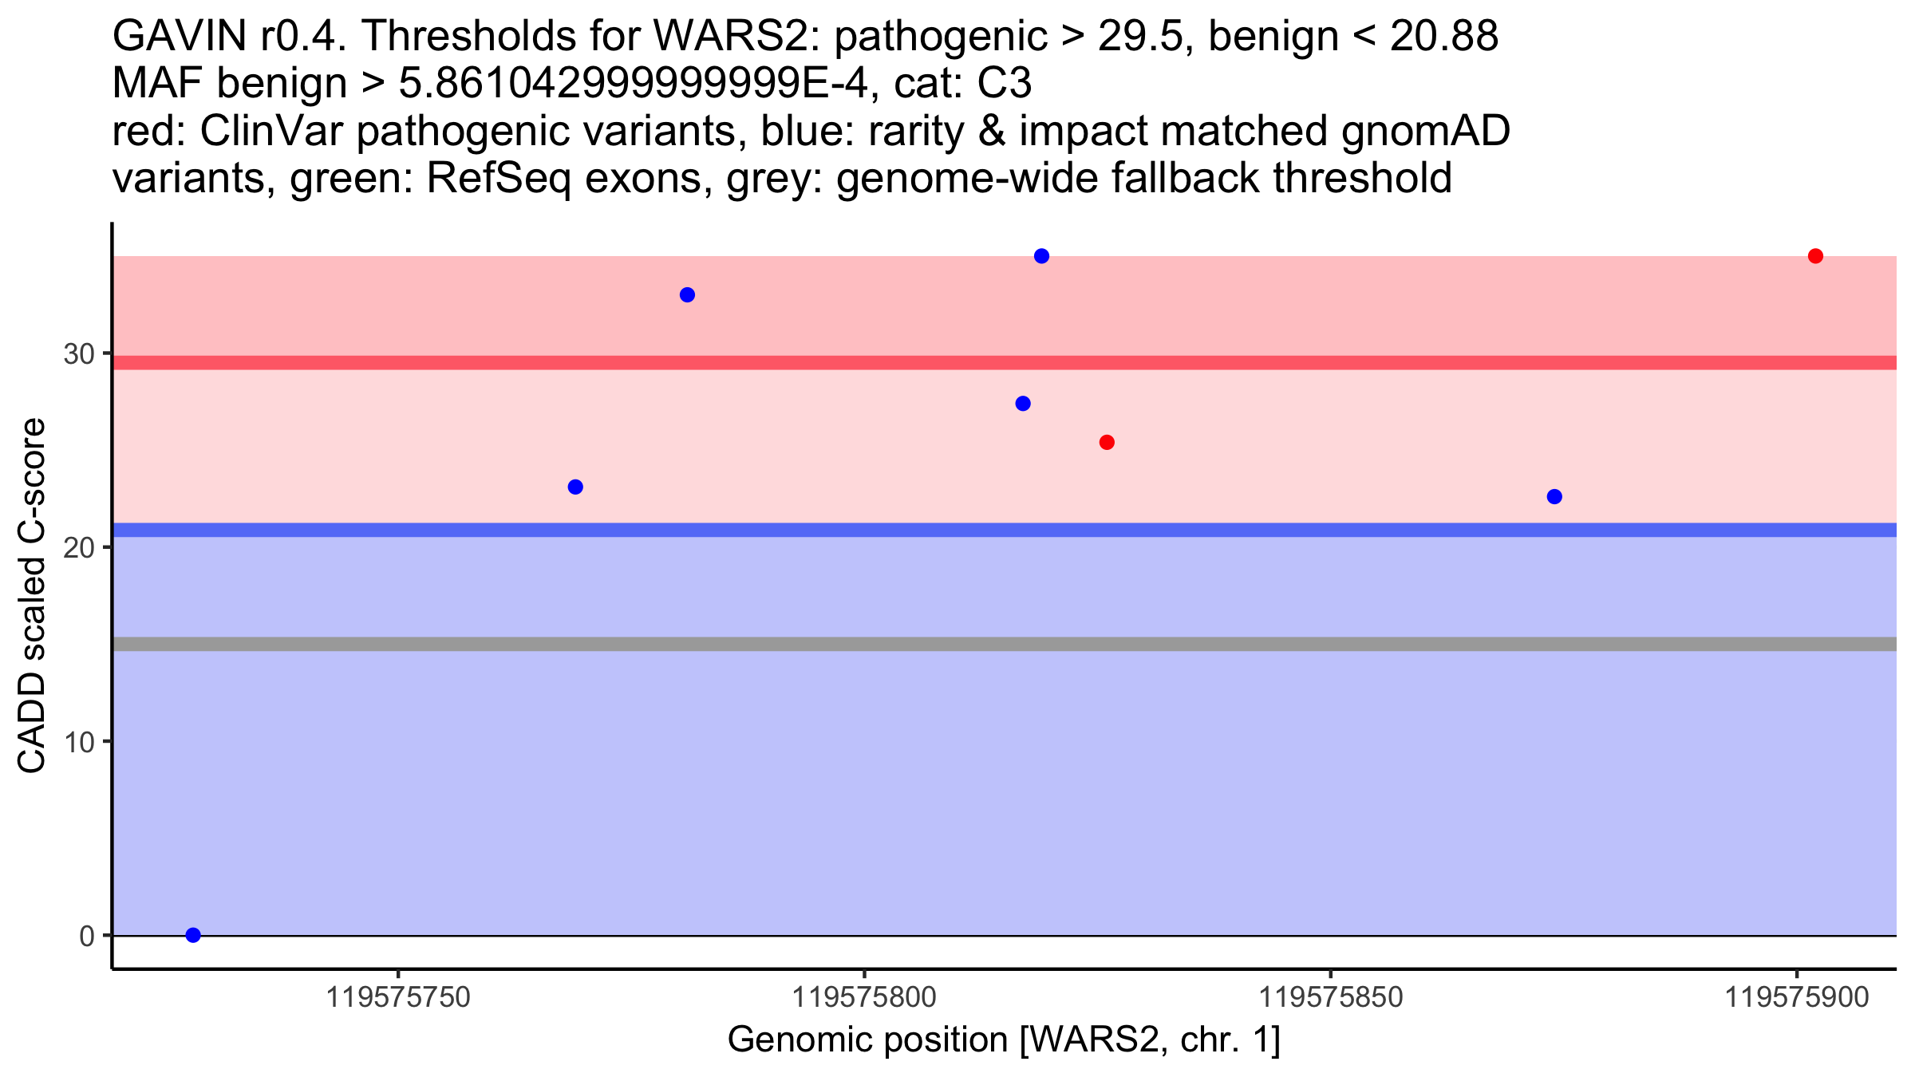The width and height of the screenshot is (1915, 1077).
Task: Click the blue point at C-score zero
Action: tap(193, 935)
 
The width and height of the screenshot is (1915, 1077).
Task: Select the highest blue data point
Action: tap(1041, 256)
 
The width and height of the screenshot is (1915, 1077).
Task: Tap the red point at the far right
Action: tap(1815, 256)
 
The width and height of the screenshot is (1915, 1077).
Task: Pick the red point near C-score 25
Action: tap(1107, 443)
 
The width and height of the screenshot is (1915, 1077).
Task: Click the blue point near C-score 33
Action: tap(687, 295)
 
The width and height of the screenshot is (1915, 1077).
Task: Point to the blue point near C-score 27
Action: tap(1023, 404)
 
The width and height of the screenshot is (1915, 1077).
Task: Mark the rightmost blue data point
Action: tap(1554, 497)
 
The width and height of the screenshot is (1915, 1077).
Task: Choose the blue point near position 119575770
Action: tap(575, 487)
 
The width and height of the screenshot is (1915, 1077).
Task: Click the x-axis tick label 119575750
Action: tap(398, 997)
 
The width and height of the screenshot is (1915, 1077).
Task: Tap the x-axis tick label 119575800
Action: tap(864, 997)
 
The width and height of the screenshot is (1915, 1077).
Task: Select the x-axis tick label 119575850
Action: tap(1330, 997)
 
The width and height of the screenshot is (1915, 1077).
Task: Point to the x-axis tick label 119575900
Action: tap(1797, 997)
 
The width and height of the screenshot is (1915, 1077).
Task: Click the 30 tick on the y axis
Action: tap(79, 354)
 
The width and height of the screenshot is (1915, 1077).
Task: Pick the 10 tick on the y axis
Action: tap(79, 742)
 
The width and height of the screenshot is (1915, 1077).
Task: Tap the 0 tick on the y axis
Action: tap(87, 936)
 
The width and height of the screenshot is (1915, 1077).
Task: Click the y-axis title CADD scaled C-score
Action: tap(32, 595)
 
